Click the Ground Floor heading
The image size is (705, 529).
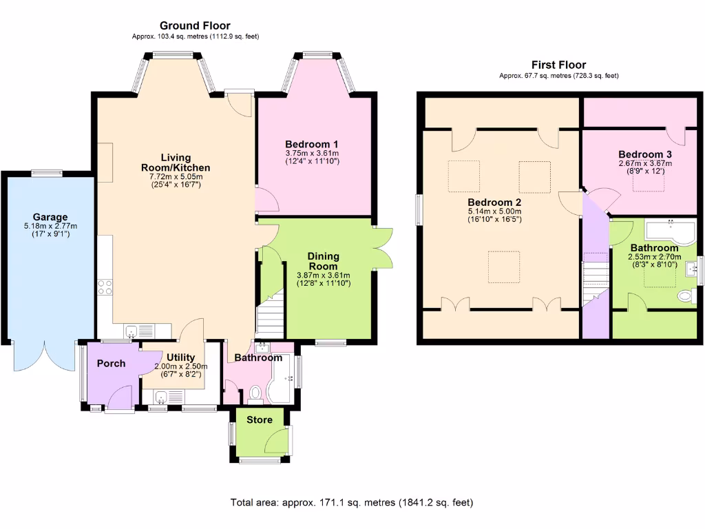click(195, 26)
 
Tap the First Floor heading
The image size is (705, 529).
click(558, 65)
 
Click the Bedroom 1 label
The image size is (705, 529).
click(312, 143)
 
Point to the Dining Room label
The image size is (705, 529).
click(323, 261)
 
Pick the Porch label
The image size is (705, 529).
click(111, 363)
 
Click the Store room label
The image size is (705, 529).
click(259, 419)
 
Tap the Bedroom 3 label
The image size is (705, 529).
click(644, 154)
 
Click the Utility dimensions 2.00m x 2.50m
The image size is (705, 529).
click(171, 366)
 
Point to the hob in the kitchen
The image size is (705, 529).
click(105, 287)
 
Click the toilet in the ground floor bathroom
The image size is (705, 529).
click(255, 394)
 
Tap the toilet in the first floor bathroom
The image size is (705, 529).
click(686, 296)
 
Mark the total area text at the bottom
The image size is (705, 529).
click(352, 503)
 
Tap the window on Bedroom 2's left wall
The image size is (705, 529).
click(419, 209)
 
